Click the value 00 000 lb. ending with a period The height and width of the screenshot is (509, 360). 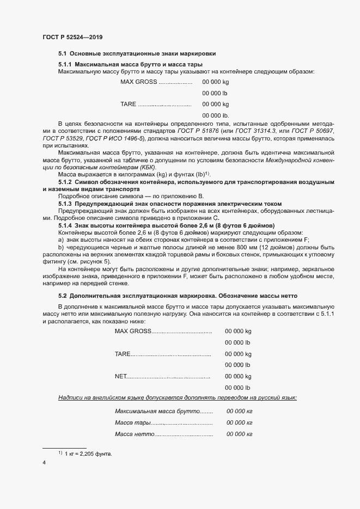pyautogui.click(x=216, y=115)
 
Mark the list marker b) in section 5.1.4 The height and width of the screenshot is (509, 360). pyautogui.click(x=61, y=247)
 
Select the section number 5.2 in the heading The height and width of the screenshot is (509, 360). pyautogui.click(x=62, y=296)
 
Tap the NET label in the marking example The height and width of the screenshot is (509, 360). pyautogui.click(x=120, y=376)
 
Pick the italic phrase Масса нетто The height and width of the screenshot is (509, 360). pyautogui.click(x=135, y=434)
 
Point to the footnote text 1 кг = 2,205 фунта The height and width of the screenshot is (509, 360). pyautogui.click(x=88, y=453)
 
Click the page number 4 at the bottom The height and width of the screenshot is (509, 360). pyautogui.click(x=44, y=463)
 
